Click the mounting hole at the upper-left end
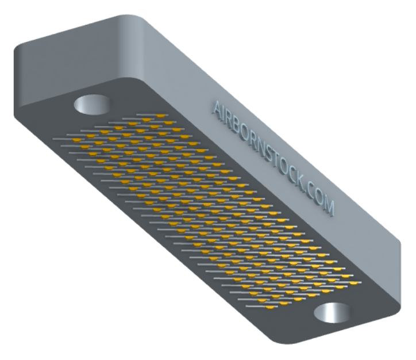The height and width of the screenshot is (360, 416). coord(91,105)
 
